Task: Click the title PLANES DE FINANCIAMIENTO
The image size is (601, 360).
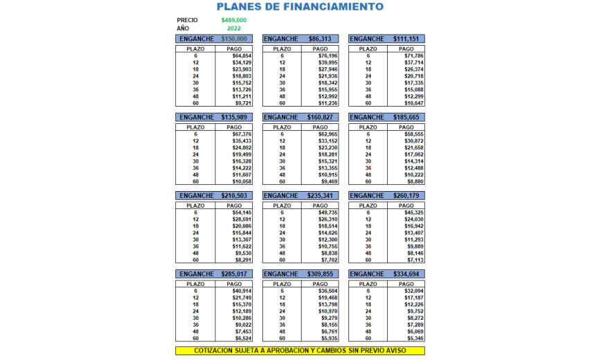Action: click(x=300, y=7)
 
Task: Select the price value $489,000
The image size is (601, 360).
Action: click(x=234, y=20)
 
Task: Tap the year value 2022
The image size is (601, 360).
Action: click(x=234, y=28)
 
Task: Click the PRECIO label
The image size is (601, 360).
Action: click(x=188, y=20)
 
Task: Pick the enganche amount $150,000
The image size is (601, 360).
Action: click(x=234, y=39)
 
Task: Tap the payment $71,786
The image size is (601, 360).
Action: click(x=413, y=55)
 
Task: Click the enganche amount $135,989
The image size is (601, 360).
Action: click(x=234, y=118)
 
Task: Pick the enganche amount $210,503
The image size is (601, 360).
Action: click(x=234, y=196)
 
